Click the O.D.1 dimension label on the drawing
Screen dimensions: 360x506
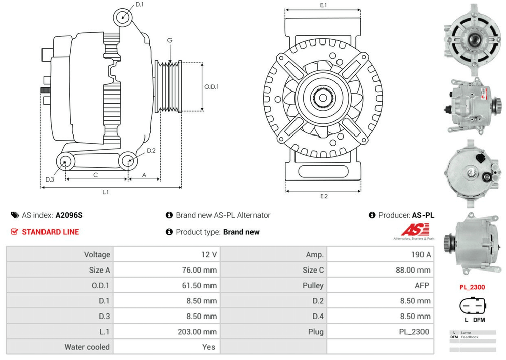(x=212, y=86)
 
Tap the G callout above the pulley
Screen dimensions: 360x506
(x=170, y=40)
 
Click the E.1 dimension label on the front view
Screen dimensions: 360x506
(x=323, y=5)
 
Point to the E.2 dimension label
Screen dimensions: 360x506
(x=324, y=196)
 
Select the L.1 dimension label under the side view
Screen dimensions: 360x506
(x=106, y=192)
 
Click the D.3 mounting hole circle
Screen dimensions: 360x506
(x=65, y=162)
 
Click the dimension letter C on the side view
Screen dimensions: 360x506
(x=95, y=175)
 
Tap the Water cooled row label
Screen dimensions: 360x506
(x=87, y=347)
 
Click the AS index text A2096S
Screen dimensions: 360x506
(x=69, y=215)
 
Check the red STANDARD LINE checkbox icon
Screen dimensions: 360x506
(x=14, y=232)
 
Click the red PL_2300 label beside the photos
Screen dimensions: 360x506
(x=472, y=287)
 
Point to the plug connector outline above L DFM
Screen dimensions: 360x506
(x=472, y=306)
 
